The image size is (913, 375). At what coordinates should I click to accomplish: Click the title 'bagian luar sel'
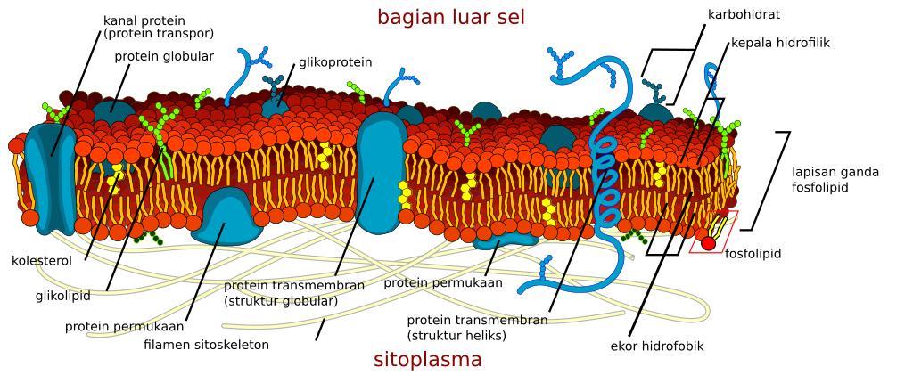coord(450,17)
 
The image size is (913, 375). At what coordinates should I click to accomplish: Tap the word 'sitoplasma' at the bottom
coord(428,359)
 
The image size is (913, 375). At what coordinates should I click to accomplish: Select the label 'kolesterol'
coord(42,261)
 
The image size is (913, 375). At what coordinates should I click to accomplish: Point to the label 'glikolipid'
coord(63,296)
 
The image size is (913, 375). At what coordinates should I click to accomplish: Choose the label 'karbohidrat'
coord(744,14)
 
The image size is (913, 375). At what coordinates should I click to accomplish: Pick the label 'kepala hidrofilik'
coord(780,43)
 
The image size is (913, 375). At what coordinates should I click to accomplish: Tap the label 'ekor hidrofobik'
coord(657,346)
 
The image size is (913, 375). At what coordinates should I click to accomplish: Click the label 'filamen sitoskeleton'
coord(207,345)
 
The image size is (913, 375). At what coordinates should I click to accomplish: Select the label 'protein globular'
coord(164,57)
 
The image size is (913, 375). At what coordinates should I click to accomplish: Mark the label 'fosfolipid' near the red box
coord(753,254)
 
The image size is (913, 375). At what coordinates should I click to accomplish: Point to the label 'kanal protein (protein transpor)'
coord(159,28)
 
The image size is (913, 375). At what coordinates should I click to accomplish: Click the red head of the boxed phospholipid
coord(708,243)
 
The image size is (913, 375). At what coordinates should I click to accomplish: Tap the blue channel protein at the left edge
coord(51,178)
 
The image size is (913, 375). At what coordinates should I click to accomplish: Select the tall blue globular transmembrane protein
coord(381,174)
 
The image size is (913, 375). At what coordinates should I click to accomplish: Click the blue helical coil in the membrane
coord(605,180)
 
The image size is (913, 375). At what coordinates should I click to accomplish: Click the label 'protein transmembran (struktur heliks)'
coord(478,328)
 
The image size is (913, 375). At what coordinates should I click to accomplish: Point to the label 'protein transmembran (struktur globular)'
coord(294,293)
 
